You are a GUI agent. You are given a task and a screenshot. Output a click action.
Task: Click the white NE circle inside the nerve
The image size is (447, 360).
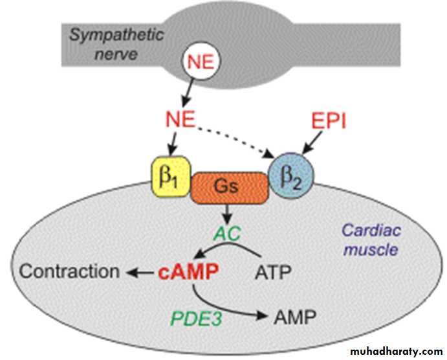(204, 62)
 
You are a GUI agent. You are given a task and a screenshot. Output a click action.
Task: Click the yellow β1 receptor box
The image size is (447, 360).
(171, 175)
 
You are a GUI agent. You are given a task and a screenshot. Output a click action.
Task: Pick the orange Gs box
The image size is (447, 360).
(229, 186)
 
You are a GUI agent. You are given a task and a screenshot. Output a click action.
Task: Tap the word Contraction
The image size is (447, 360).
(69, 271)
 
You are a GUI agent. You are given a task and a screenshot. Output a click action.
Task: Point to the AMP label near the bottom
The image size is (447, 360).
(294, 317)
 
